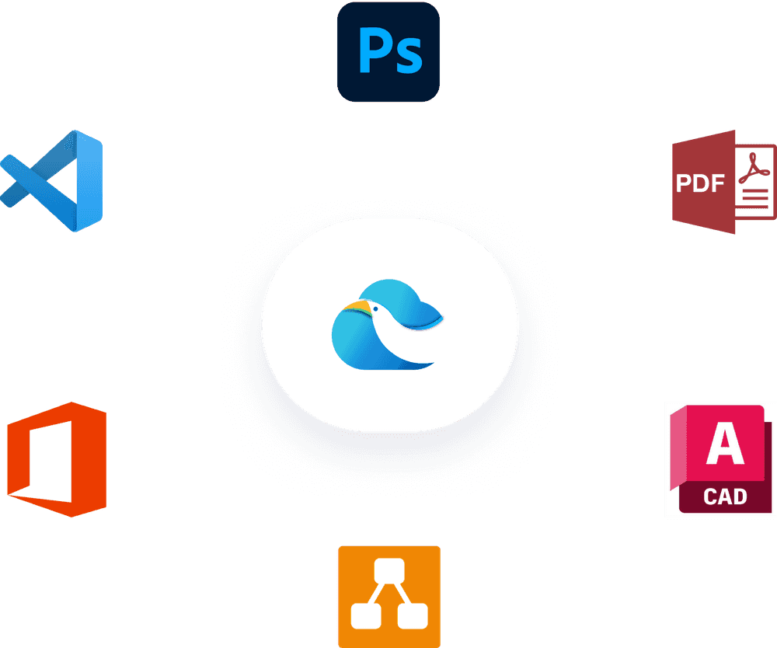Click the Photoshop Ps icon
point(388,51)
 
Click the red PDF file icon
point(723,183)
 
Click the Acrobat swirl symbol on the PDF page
point(752,168)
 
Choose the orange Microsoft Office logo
point(57,459)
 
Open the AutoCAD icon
point(720,459)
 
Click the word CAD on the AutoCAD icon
point(725,496)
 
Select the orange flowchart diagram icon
point(389,596)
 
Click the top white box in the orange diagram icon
point(389,571)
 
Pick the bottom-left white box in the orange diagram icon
point(365,616)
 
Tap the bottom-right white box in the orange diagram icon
point(413,616)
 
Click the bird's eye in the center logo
point(375,309)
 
